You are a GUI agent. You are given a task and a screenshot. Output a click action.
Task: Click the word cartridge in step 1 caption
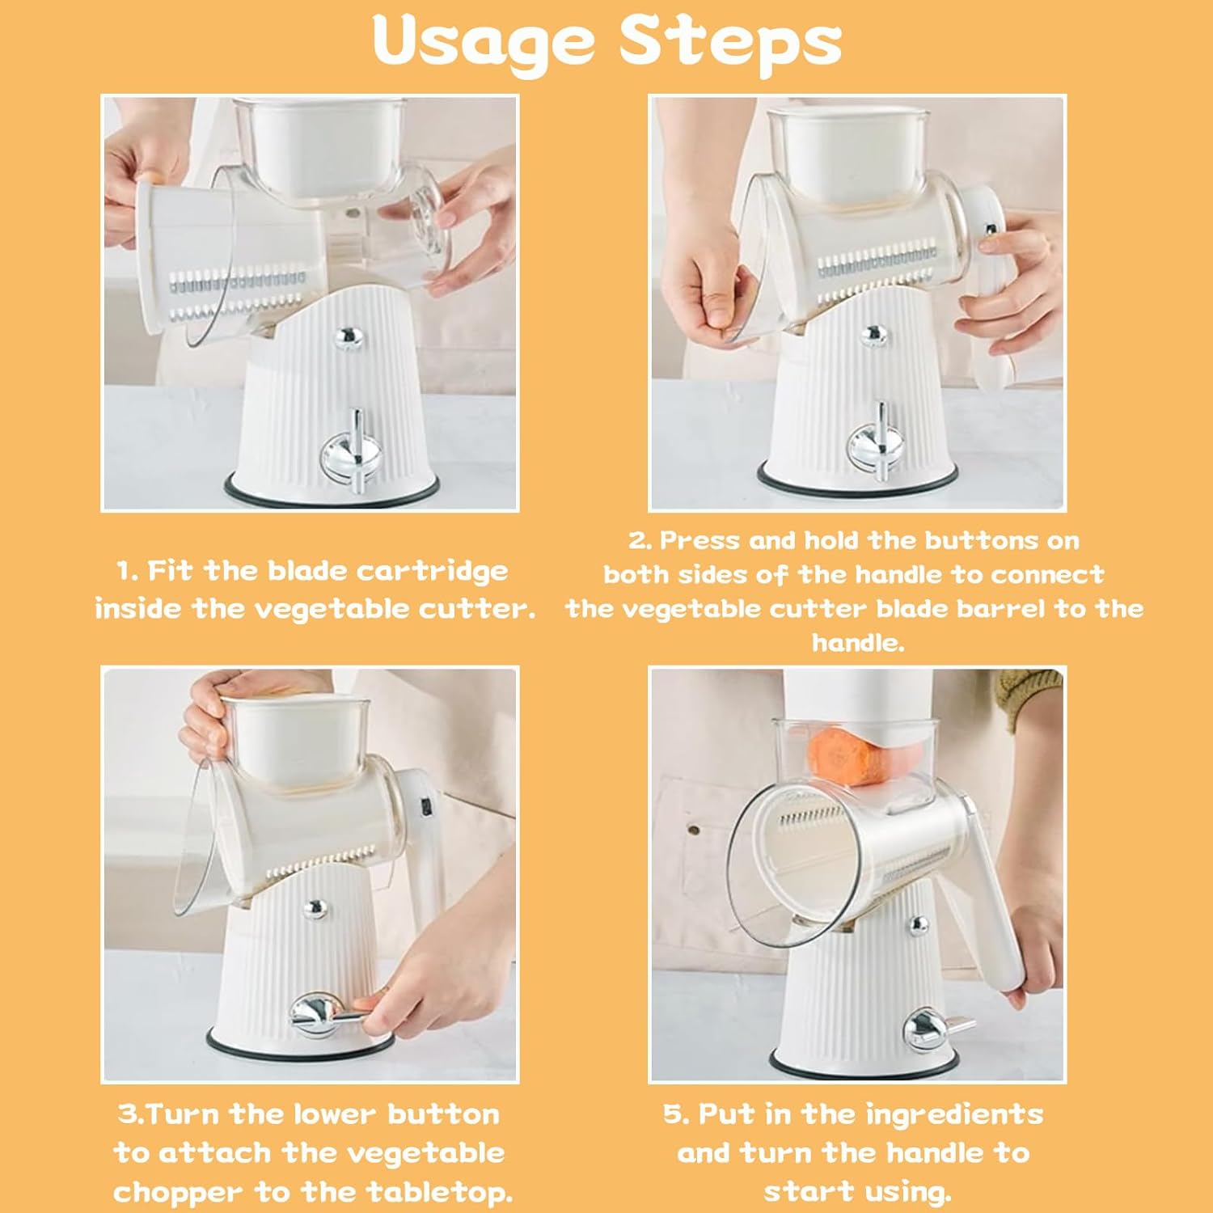[x=433, y=571]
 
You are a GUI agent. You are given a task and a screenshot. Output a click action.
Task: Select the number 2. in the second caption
[x=640, y=540]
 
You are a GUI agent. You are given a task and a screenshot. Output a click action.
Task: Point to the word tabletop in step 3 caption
[x=439, y=1192]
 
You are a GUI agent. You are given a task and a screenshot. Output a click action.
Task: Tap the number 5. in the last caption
[x=676, y=1114]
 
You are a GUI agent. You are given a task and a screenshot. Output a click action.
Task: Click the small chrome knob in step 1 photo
[x=348, y=336]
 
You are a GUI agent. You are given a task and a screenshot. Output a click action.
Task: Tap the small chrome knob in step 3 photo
[x=315, y=909]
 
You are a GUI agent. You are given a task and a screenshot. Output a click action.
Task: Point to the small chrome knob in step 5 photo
[x=919, y=923]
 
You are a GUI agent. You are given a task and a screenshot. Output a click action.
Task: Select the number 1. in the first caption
[x=128, y=571]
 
